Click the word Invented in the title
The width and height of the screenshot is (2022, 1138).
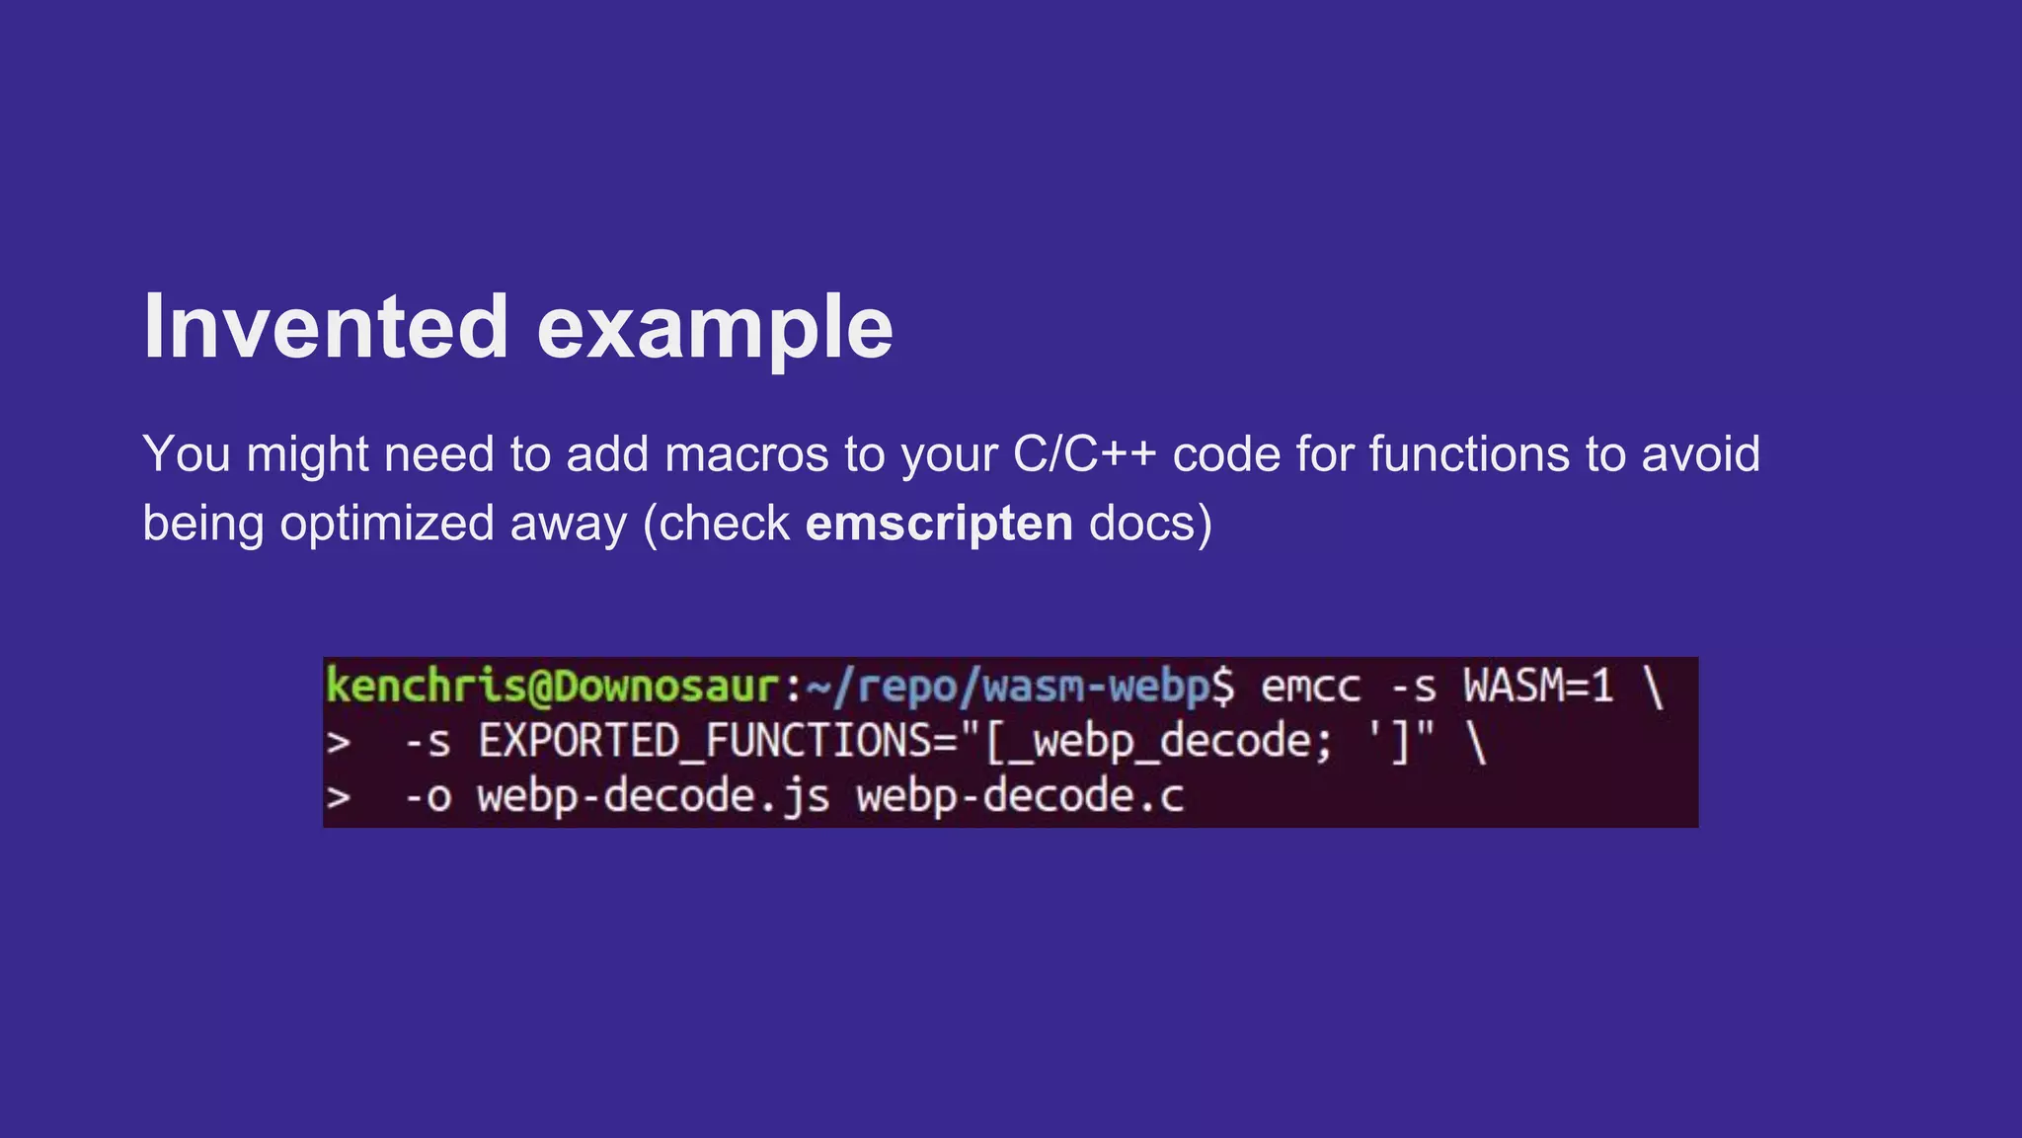(326, 327)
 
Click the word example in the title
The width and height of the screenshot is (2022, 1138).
(715, 329)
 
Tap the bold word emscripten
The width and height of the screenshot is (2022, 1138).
(939, 523)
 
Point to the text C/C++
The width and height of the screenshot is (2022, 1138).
(1084, 454)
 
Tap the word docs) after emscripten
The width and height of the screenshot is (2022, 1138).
(1150, 523)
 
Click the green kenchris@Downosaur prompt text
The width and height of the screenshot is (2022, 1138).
(553, 686)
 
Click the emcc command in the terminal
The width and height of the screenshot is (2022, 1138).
(1310, 686)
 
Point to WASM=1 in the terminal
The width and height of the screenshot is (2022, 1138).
(1537, 686)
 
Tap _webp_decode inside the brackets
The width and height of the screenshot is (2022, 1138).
(1170, 741)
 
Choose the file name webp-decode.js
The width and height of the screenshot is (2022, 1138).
(653, 796)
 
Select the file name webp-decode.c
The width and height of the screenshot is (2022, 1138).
(1020, 796)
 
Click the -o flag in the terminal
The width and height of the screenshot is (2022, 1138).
(427, 796)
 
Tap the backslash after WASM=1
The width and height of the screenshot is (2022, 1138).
(1654, 686)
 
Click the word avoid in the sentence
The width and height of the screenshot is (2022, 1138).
(1700, 454)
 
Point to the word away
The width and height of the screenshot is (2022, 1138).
(568, 523)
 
